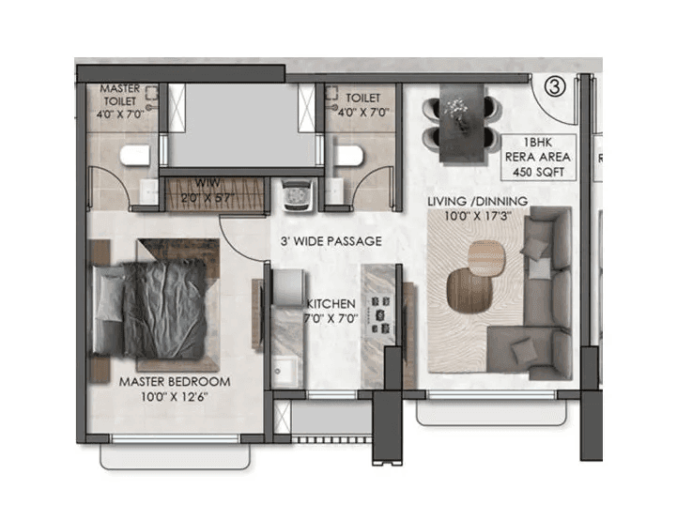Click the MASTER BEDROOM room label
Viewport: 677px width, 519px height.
click(x=175, y=382)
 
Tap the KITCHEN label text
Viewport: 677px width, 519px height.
click(x=331, y=304)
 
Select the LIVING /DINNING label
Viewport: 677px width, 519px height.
click(x=477, y=202)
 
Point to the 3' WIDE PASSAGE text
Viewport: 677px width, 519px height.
click(x=331, y=241)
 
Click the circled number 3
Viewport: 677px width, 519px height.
click(x=554, y=87)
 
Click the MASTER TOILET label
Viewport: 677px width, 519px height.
click(x=119, y=93)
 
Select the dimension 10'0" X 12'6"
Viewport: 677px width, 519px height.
click(x=175, y=398)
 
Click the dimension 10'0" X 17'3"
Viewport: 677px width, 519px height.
click(x=477, y=217)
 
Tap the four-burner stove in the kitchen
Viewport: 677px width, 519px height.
click(x=381, y=316)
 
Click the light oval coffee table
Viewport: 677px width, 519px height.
click(x=485, y=256)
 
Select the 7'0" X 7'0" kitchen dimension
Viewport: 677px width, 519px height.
click(x=331, y=319)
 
